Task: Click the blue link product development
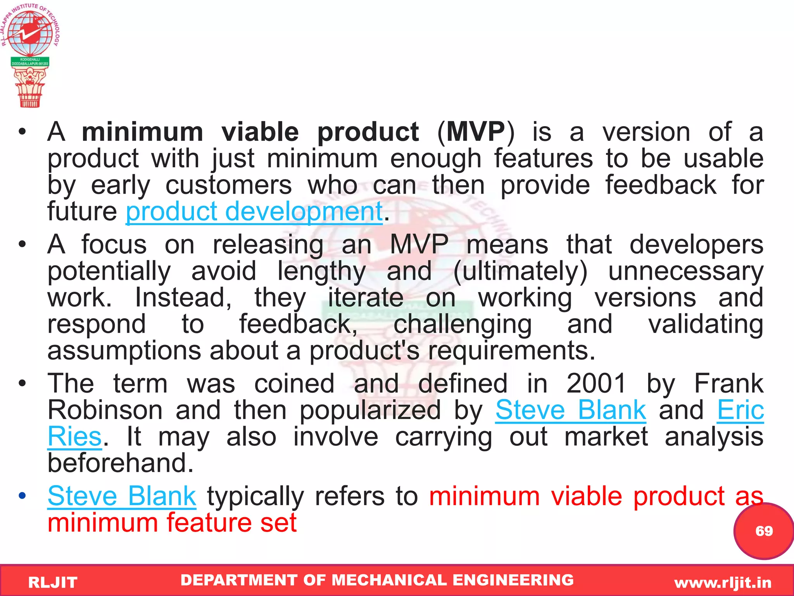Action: point(254,212)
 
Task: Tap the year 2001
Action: point(596,383)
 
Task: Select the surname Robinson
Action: point(105,410)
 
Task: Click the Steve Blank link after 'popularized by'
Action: point(571,410)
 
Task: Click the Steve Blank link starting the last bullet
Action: point(122,496)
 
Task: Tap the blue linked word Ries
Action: point(74,437)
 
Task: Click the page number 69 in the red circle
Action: point(764,531)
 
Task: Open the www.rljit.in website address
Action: point(723,582)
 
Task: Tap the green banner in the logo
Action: point(30,62)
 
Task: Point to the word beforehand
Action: point(120,463)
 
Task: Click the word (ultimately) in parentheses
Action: point(520,271)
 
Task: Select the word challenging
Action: point(463,324)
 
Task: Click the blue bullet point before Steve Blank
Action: point(22,496)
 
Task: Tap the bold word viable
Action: point(260,132)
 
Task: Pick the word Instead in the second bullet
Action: point(183,298)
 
